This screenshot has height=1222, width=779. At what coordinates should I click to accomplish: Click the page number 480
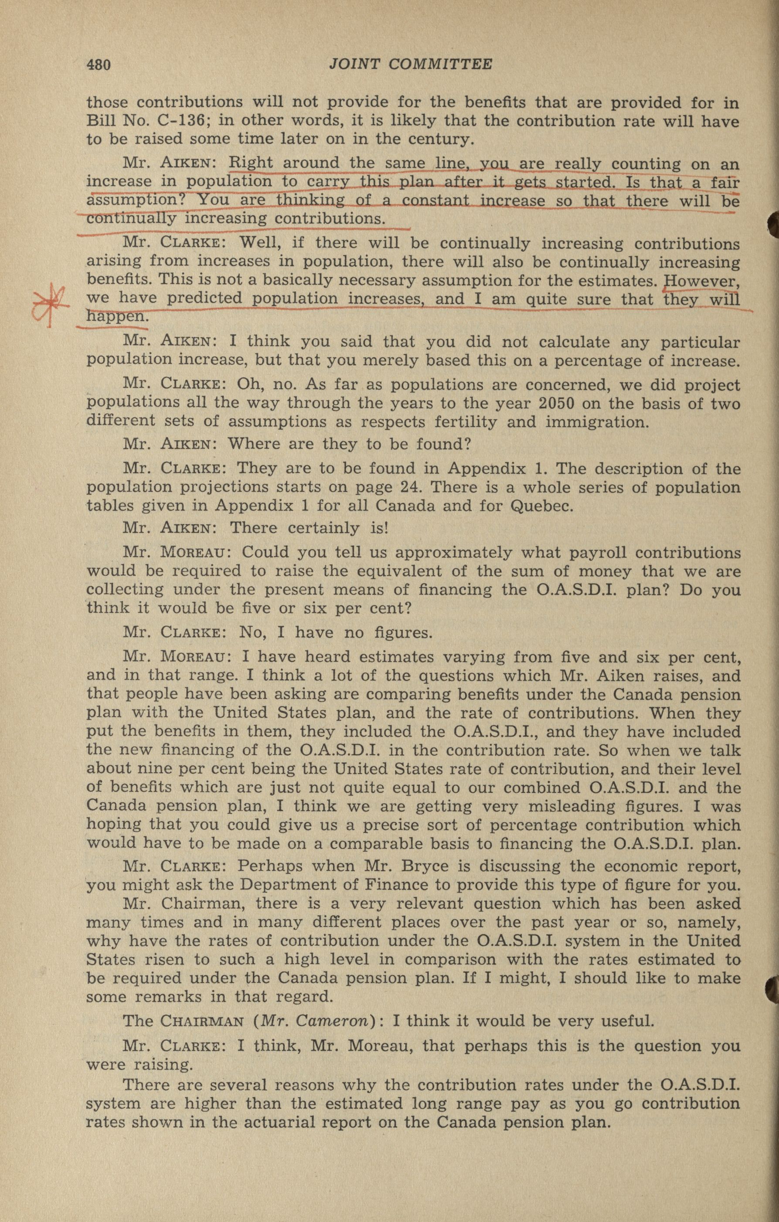pos(99,65)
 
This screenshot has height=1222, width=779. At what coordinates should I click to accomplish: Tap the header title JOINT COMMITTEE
pos(410,64)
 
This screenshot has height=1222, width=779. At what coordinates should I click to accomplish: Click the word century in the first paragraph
pos(429,139)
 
